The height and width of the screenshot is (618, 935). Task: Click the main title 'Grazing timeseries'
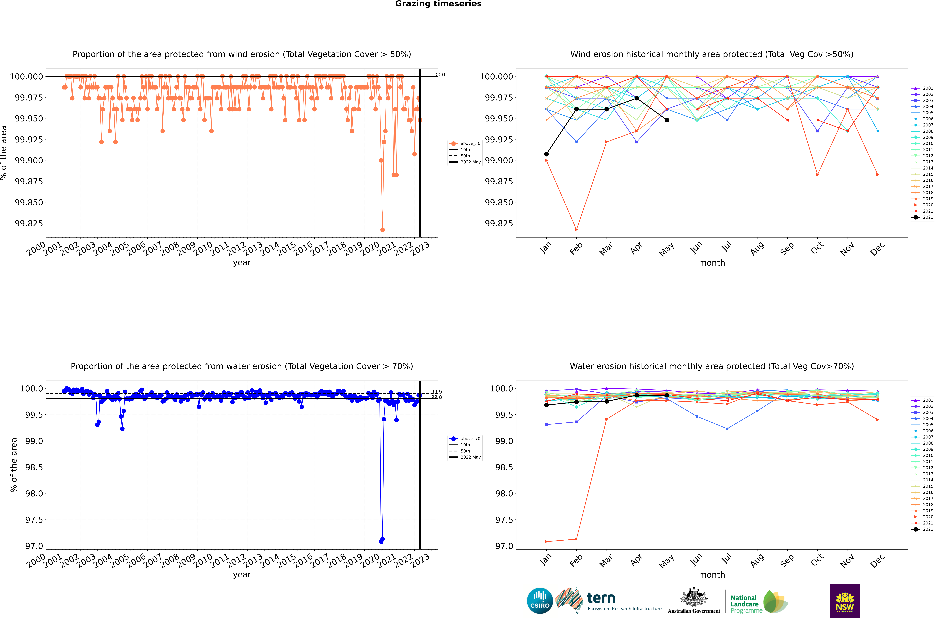pyautogui.click(x=438, y=4)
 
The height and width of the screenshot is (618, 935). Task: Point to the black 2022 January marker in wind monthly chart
pyautogui.click(x=546, y=154)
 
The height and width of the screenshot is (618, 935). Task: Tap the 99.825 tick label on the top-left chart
pyautogui.click(x=29, y=224)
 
